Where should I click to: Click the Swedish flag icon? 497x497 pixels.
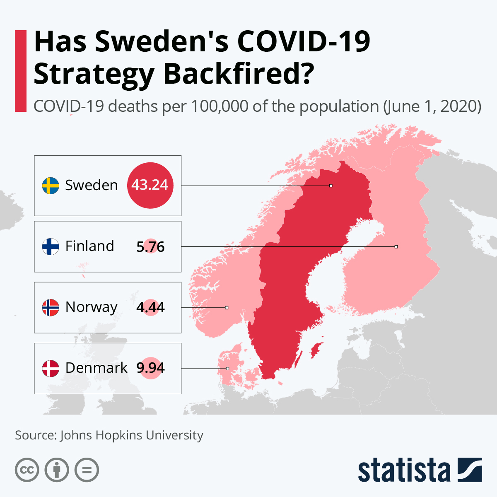51,186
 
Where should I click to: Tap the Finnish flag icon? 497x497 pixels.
51,246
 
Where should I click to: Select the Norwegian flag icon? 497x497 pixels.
51,307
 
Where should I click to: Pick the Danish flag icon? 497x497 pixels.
51,368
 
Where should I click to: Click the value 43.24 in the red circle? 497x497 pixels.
150,185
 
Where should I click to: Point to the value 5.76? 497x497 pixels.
150,247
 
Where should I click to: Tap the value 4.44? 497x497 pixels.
150,307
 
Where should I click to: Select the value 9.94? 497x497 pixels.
150,368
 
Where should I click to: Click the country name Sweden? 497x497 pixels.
92,185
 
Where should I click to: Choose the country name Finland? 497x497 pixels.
89,246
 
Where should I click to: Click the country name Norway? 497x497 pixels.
92,307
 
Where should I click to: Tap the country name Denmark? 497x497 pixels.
97,368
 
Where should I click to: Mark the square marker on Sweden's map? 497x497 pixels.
331,186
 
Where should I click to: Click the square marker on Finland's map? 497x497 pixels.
396,246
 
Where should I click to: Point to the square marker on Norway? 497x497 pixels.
227,307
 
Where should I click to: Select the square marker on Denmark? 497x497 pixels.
227,368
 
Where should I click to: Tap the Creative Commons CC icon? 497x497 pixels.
27,470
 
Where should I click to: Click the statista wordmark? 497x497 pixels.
404,470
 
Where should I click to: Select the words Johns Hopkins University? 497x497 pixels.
132,435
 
